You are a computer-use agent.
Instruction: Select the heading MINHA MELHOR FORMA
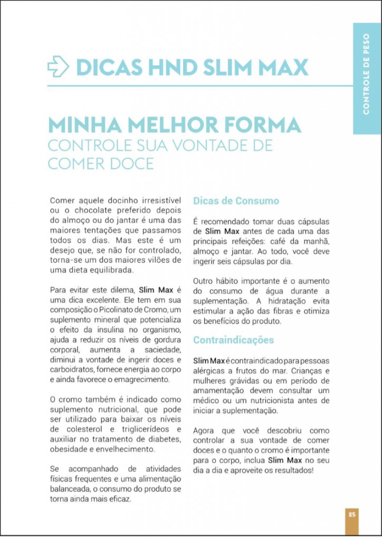click(174, 125)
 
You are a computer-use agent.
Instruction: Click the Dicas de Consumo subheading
click(235, 201)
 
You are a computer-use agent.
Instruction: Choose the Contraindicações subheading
click(233, 340)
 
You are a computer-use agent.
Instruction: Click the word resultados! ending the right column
click(290, 469)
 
